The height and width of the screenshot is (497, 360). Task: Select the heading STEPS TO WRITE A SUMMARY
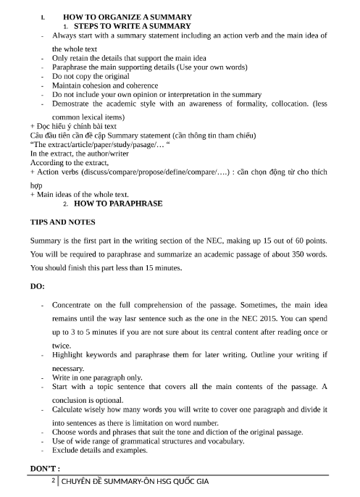click(127, 26)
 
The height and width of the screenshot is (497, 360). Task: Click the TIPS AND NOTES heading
click(62, 222)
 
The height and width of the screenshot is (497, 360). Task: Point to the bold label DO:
click(38, 286)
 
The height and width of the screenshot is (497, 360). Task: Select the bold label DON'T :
click(45, 470)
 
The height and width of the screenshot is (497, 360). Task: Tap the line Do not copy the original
click(91, 76)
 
